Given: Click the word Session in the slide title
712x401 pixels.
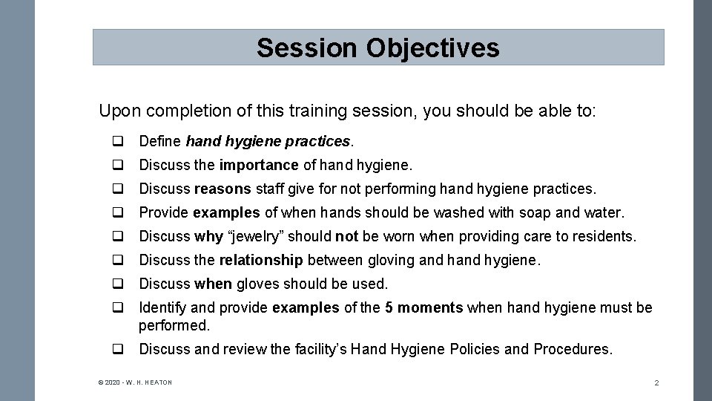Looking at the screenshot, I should (306, 48).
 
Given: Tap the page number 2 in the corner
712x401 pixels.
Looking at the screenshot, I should (656, 382).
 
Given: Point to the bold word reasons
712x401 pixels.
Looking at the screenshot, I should (220, 189).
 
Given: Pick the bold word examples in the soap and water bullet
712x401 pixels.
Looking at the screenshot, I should (226, 212).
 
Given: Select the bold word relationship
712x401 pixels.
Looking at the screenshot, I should (262, 260).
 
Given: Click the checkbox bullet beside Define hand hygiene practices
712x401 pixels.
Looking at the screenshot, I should (118, 141).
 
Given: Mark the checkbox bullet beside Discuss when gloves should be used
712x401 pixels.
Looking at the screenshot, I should (118, 284).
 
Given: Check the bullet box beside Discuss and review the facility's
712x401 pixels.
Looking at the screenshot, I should (118, 349).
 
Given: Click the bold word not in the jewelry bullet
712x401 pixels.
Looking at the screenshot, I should (346, 236).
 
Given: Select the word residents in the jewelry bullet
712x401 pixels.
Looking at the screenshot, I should (607, 236).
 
